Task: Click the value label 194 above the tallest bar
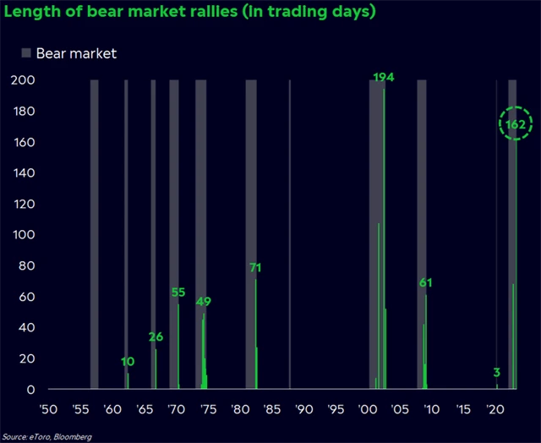click(384, 78)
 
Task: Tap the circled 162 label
click(516, 124)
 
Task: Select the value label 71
click(255, 268)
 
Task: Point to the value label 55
click(178, 293)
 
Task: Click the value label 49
click(204, 302)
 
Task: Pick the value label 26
click(156, 337)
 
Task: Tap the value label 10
click(128, 362)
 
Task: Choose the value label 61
click(425, 282)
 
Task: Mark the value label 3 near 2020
click(496, 373)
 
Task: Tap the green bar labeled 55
click(178, 347)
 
